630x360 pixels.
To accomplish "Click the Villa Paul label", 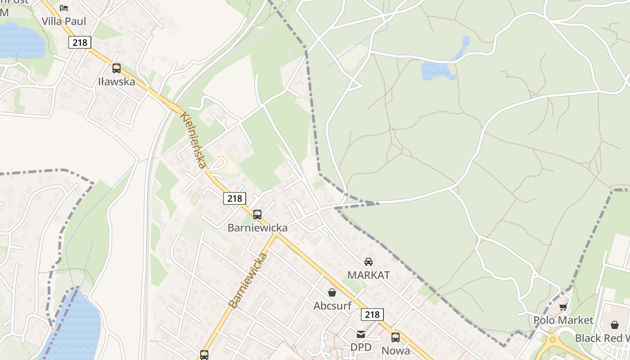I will pyautogui.click(x=64, y=21).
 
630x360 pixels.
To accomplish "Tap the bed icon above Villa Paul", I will pyautogui.click(x=64, y=8).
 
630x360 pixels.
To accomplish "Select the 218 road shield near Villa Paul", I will pyautogui.click(x=80, y=42).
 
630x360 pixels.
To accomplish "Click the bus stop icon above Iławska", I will pyautogui.click(x=117, y=68).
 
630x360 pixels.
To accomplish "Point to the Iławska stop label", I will pyautogui.click(x=117, y=81).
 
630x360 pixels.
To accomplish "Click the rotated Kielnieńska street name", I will pyautogui.click(x=193, y=139).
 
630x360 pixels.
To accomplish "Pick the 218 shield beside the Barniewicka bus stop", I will pyautogui.click(x=234, y=198).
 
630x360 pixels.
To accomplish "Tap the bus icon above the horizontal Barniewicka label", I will pyautogui.click(x=257, y=215).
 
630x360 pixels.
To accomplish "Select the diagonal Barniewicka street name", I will pyautogui.click(x=247, y=280).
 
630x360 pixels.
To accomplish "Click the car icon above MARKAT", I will pyautogui.click(x=369, y=261).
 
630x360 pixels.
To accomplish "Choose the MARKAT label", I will pyautogui.click(x=369, y=275).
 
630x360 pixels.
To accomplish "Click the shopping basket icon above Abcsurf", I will pyautogui.click(x=332, y=292).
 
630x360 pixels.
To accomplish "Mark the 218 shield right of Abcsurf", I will pyautogui.click(x=372, y=314).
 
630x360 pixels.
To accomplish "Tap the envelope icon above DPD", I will pyautogui.click(x=361, y=334).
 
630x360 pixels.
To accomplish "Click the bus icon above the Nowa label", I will pyautogui.click(x=396, y=337).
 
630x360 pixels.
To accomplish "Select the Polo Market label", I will pyautogui.click(x=563, y=320).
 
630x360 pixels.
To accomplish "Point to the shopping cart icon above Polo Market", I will pyautogui.click(x=563, y=307).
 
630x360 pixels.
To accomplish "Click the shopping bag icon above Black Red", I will pyautogui.click(x=615, y=325).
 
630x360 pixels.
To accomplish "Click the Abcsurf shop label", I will pyautogui.click(x=333, y=306).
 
